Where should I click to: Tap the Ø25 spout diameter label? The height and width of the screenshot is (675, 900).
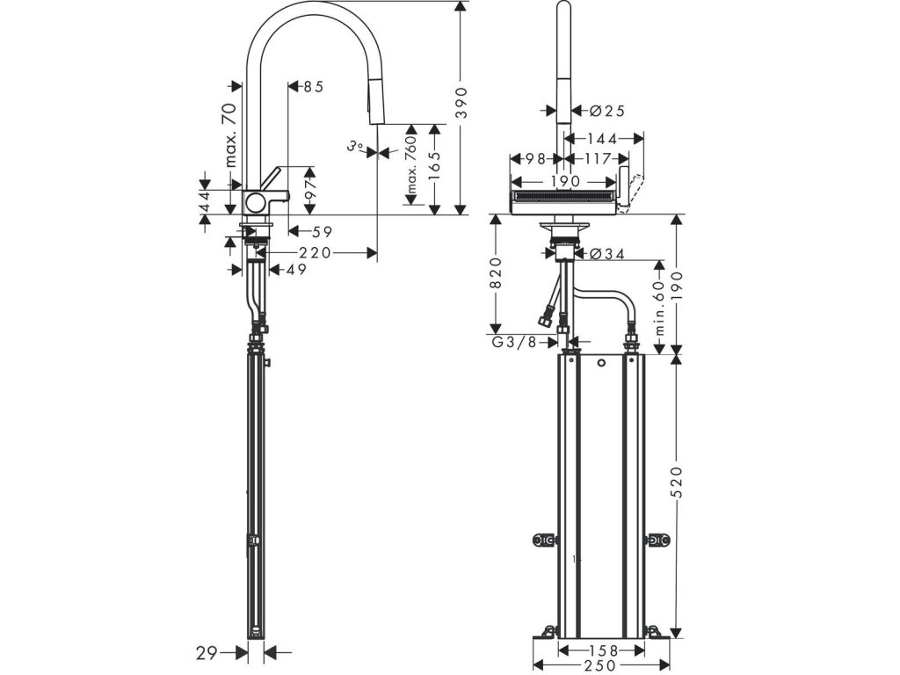click(x=606, y=111)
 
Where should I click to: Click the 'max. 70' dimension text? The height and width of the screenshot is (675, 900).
click(x=230, y=134)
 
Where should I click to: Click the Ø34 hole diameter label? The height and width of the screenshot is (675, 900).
click(x=606, y=254)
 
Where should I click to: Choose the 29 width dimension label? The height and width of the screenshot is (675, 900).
click(x=207, y=652)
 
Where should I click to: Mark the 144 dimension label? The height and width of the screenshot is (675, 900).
click(x=602, y=138)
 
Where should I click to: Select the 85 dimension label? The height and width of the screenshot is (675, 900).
click(x=314, y=86)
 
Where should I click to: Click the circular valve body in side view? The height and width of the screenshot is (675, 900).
click(x=254, y=202)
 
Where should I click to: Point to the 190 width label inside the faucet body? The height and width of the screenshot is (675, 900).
click(x=564, y=181)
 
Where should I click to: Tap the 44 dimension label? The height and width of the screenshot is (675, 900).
click(x=204, y=200)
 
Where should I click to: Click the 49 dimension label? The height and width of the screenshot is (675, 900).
click(x=295, y=270)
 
